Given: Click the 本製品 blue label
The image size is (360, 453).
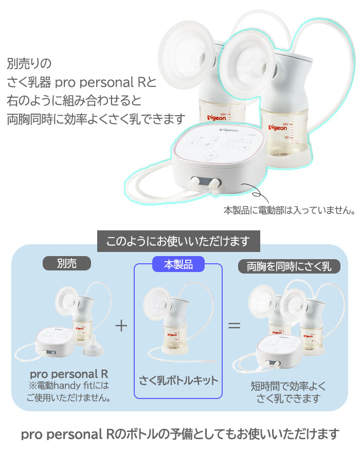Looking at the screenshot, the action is click(x=178, y=264).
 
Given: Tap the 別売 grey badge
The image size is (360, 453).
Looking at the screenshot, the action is click(x=67, y=263).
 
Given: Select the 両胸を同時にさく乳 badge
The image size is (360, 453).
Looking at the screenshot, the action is click(x=289, y=266).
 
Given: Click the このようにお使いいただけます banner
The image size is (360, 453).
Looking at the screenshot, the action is click(x=178, y=241).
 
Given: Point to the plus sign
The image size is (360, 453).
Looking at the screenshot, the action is click(x=121, y=326).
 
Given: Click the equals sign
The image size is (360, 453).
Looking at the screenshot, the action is click(x=235, y=326).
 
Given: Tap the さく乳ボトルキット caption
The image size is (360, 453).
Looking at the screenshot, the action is click(x=178, y=380).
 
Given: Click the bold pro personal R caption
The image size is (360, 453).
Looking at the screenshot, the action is click(x=69, y=374).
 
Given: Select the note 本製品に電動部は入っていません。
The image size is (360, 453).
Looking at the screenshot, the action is click(x=290, y=210).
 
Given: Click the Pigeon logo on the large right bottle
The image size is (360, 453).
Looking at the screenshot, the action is click(x=278, y=128).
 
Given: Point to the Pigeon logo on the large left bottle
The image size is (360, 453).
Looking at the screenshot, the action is click(x=217, y=118).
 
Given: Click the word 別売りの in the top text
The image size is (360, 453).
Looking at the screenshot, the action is click(x=29, y=63).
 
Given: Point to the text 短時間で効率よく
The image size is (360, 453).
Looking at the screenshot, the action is click(x=288, y=386).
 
